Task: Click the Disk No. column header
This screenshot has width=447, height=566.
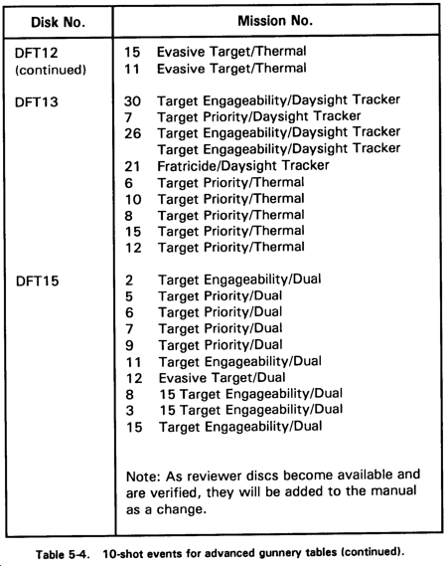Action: pyautogui.click(x=58, y=22)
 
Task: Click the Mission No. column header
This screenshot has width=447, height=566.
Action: pyautogui.click(x=275, y=21)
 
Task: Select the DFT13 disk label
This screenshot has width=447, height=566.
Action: pyautogui.click(x=37, y=102)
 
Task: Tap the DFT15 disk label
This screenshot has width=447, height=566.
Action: pyautogui.click(x=37, y=281)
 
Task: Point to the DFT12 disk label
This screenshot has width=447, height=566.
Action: pyautogui.click(x=36, y=53)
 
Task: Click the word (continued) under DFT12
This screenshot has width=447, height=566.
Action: pyautogui.click(x=51, y=70)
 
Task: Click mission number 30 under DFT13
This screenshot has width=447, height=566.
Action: pyautogui.click(x=132, y=101)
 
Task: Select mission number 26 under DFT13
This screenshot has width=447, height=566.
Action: pyautogui.click(x=133, y=133)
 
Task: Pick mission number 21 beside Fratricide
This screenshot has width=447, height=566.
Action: pyautogui.click(x=132, y=166)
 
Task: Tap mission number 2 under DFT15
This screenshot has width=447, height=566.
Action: pyautogui.click(x=129, y=281)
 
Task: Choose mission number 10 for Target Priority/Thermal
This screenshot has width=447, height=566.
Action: pyautogui.click(x=133, y=199)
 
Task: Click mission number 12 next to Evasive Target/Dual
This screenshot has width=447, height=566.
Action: pyautogui.click(x=134, y=378)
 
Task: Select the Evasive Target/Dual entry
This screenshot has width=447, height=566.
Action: pyautogui.click(x=223, y=378)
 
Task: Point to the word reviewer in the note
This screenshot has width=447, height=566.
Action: pyautogui.click(x=215, y=475)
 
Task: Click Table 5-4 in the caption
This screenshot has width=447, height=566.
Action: pyautogui.click(x=62, y=554)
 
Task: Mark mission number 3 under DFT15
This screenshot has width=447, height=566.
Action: pyautogui.click(x=130, y=411)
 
